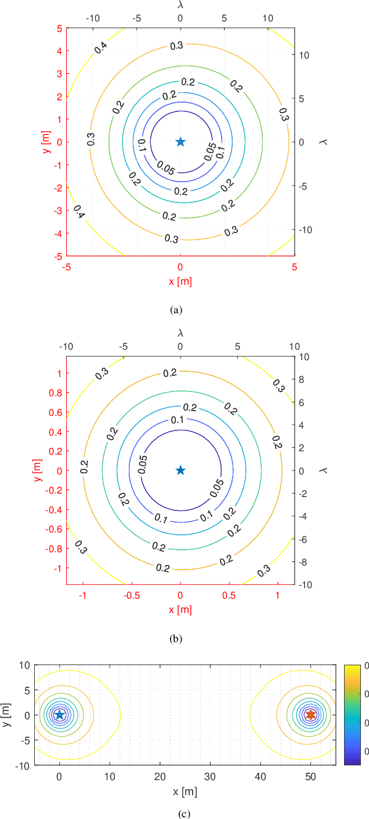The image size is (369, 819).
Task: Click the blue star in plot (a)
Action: pos(180,142)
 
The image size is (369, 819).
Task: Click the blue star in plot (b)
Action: pos(180,470)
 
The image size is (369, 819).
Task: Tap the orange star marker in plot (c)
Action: pos(310,715)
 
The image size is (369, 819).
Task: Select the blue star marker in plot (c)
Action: pos(59,715)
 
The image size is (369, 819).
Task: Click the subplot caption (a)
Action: pos(176,310)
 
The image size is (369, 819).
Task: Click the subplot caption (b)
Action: pos(176,639)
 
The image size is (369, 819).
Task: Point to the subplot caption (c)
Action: pos(184,814)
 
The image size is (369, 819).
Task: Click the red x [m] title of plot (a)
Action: pos(180,281)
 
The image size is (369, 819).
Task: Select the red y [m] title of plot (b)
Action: pos(37,470)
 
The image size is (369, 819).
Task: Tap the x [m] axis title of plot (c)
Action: pos(185,792)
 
